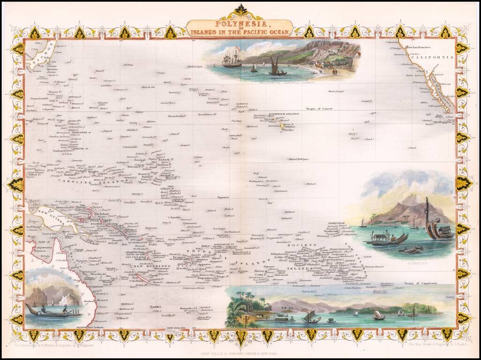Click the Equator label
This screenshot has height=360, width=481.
coord(223,197)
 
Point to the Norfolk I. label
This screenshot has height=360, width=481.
coord(156,307)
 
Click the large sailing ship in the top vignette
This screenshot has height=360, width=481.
coord(232,57)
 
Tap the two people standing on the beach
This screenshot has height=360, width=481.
coord(334,72)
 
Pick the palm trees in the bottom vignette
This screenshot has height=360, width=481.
coord(247,300)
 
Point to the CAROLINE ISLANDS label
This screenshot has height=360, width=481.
coord(93,181)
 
